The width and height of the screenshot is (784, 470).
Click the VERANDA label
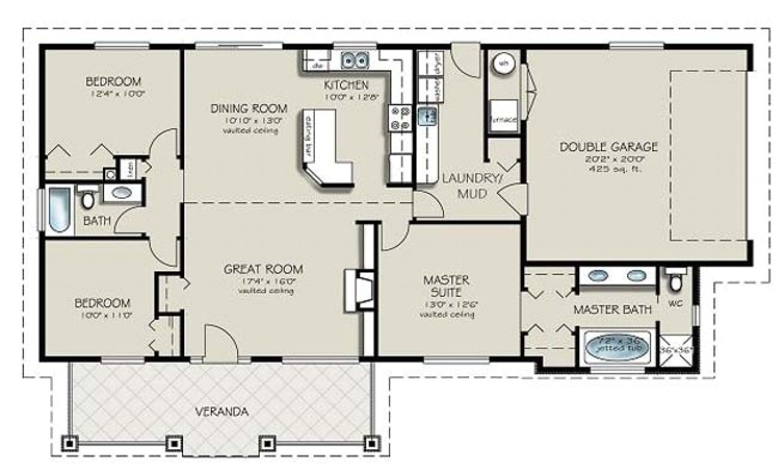pos(222,412)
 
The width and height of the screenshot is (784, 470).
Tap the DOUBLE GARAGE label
pos(608,147)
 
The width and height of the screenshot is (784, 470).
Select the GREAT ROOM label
pos(263,269)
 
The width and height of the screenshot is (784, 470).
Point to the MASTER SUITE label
pos(447,286)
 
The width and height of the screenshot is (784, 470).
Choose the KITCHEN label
pos(346,85)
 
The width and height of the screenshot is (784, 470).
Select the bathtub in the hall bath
pos(59,211)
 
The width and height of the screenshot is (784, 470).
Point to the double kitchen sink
pos(354,61)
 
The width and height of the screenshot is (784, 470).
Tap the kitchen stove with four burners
pos(399,119)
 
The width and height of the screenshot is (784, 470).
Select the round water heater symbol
pos(502,62)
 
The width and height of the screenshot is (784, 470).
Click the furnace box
pos(503,116)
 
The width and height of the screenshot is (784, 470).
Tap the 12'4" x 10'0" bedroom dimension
pos(113,94)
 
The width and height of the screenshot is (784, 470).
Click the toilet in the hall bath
pos(88,200)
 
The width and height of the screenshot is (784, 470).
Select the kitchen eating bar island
pos(325,147)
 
